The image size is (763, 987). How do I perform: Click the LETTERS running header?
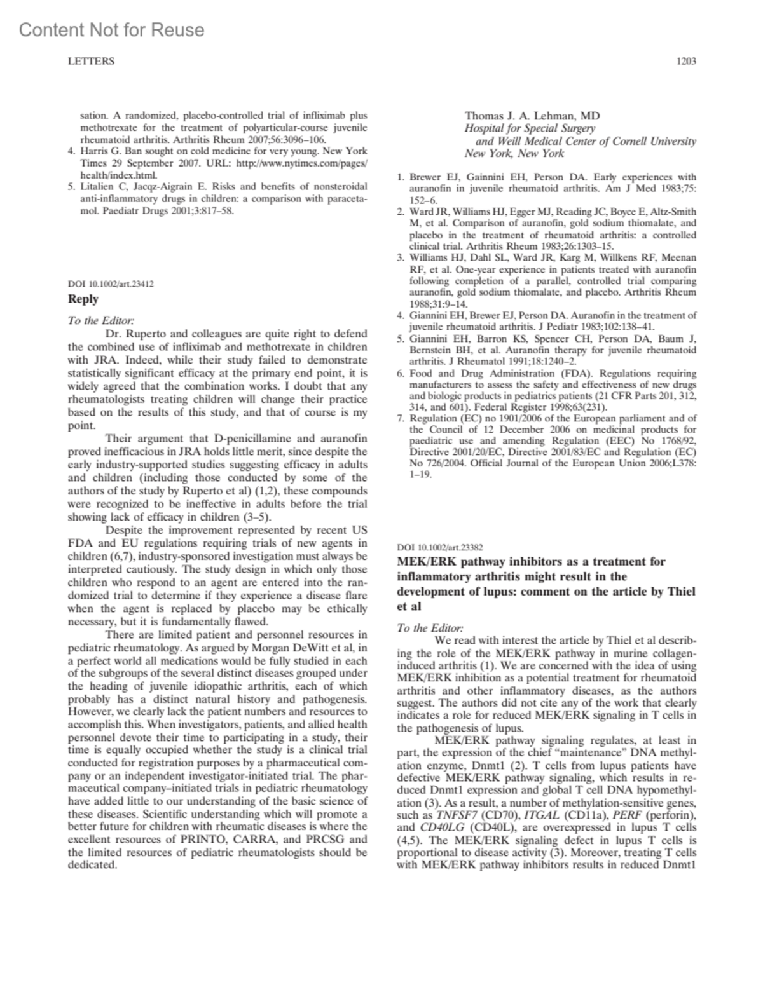point(91,62)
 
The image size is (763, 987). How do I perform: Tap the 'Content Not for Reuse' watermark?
point(112,30)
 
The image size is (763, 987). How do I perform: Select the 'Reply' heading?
point(83,299)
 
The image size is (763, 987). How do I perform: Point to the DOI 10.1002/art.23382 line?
point(439,547)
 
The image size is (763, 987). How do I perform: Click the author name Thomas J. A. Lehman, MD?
point(532,116)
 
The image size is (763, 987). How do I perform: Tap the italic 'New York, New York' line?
point(514,153)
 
